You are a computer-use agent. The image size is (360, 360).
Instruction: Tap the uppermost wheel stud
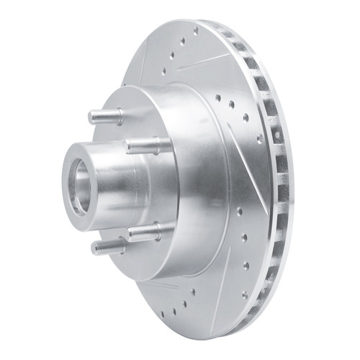(x=104, y=116)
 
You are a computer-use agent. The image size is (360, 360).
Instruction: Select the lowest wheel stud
(x=108, y=246)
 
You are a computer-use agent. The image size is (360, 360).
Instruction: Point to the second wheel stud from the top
(x=148, y=145)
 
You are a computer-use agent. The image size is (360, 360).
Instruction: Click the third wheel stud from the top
(x=148, y=230)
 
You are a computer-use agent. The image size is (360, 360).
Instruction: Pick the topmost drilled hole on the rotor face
(x=195, y=31)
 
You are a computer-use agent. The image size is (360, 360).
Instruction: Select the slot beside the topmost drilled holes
(x=205, y=54)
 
